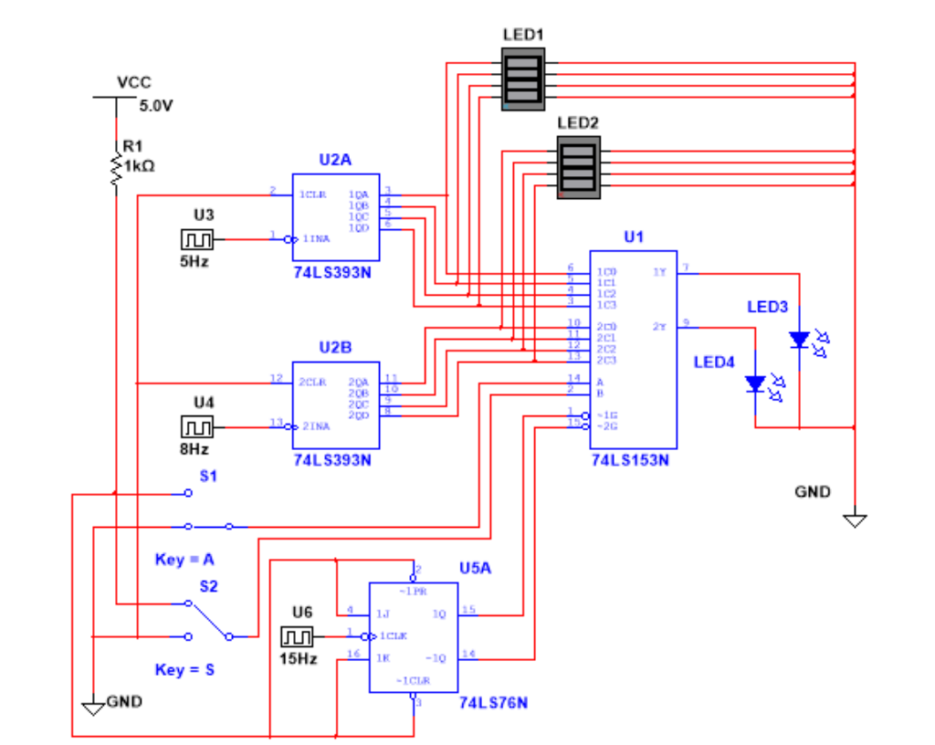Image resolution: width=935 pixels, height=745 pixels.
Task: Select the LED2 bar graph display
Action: [579, 166]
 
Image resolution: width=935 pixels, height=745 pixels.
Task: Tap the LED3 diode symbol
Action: [799, 340]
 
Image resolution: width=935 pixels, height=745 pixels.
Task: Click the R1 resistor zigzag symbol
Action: [116, 171]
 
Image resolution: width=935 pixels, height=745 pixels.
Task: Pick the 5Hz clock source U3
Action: [196, 239]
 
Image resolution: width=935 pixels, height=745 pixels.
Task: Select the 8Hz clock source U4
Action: [196, 426]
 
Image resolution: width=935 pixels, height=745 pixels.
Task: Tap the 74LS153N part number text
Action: [630, 460]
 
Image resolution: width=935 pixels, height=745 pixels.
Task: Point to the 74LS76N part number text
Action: [493, 704]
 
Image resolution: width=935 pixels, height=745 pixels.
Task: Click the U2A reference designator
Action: [335, 160]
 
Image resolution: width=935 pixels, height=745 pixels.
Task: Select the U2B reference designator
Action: [335, 348]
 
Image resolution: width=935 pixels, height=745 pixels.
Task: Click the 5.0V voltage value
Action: [156, 105]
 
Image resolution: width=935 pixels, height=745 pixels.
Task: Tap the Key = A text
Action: [184, 559]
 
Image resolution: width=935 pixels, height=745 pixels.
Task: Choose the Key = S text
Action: [184, 669]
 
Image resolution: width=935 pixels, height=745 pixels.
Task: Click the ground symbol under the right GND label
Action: [855, 520]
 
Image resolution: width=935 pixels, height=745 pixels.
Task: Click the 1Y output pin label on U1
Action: [659, 271]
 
